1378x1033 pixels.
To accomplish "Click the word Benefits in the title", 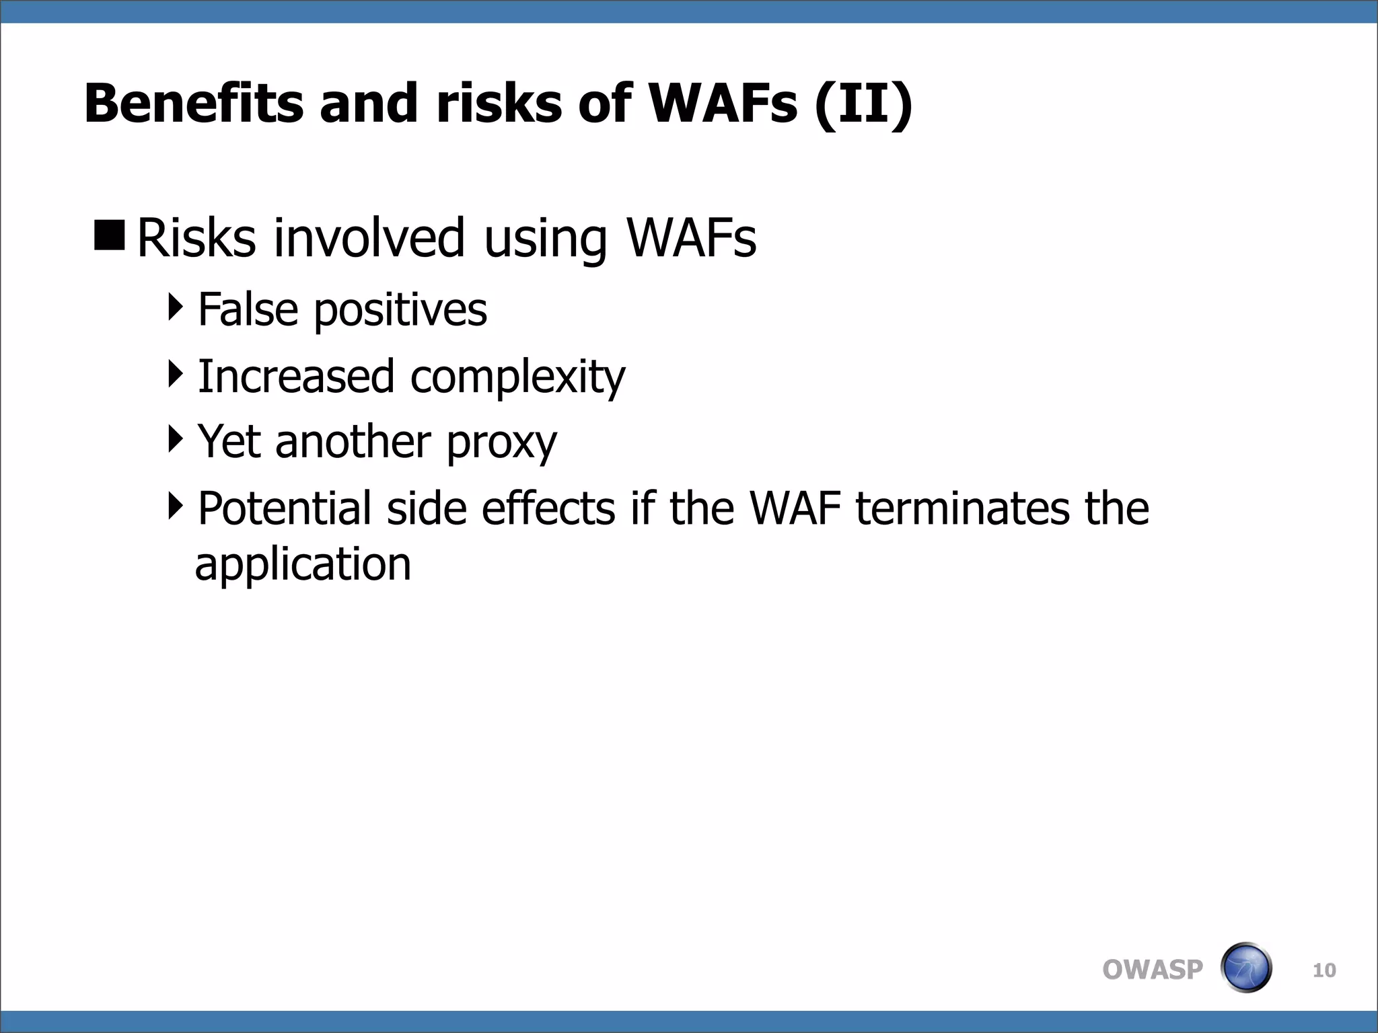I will pos(194,104).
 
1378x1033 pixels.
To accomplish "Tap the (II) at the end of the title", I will pos(863,105).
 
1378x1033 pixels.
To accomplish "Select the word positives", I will pos(400,311).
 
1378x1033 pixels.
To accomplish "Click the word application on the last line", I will pos(303,565).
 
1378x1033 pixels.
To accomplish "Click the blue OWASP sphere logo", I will pos(1245,968).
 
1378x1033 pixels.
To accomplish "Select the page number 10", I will pos(1323,970).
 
